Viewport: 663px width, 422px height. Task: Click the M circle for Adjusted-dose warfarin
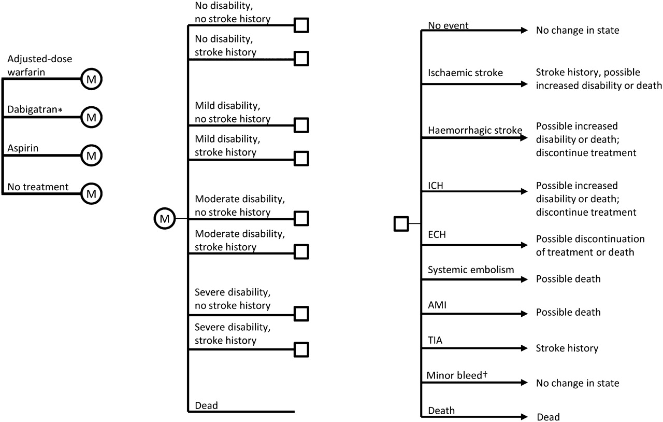tap(92, 79)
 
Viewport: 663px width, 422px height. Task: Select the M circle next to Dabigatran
tap(92, 117)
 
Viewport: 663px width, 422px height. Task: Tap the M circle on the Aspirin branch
tap(92, 156)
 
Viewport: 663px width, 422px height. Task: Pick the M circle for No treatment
tap(92, 194)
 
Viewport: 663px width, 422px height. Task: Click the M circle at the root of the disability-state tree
tap(165, 218)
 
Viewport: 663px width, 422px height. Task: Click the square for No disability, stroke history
tap(301, 59)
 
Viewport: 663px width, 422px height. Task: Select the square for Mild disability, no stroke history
tap(301, 125)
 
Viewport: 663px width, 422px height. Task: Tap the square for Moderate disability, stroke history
tap(301, 252)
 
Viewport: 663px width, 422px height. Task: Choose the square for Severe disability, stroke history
tap(301, 350)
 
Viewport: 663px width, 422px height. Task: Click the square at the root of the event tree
tap(401, 224)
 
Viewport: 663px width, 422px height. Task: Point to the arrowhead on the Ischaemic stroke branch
tap(524, 84)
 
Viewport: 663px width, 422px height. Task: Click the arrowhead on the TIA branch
tap(524, 348)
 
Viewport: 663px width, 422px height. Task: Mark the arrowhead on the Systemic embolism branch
tap(524, 279)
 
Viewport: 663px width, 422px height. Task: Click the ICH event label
tap(436, 186)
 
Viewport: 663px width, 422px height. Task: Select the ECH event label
tap(437, 234)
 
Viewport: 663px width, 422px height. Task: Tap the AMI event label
tap(437, 305)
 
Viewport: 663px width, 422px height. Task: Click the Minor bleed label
tap(457, 375)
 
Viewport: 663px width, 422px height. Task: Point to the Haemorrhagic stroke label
tap(475, 130)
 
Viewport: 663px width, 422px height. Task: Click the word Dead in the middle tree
tap(206, 405)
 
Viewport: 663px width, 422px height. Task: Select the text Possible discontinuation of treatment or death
tap(590, 245)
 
